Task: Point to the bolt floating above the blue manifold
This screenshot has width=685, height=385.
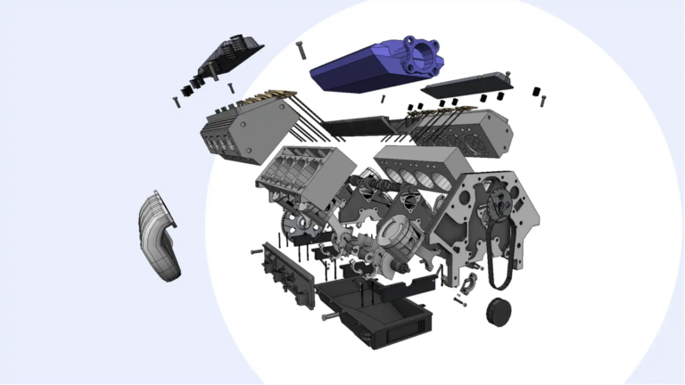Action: click(301, 51)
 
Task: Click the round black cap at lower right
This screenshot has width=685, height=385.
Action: click(500, 313)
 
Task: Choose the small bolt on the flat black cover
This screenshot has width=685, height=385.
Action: click(507, 76)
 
